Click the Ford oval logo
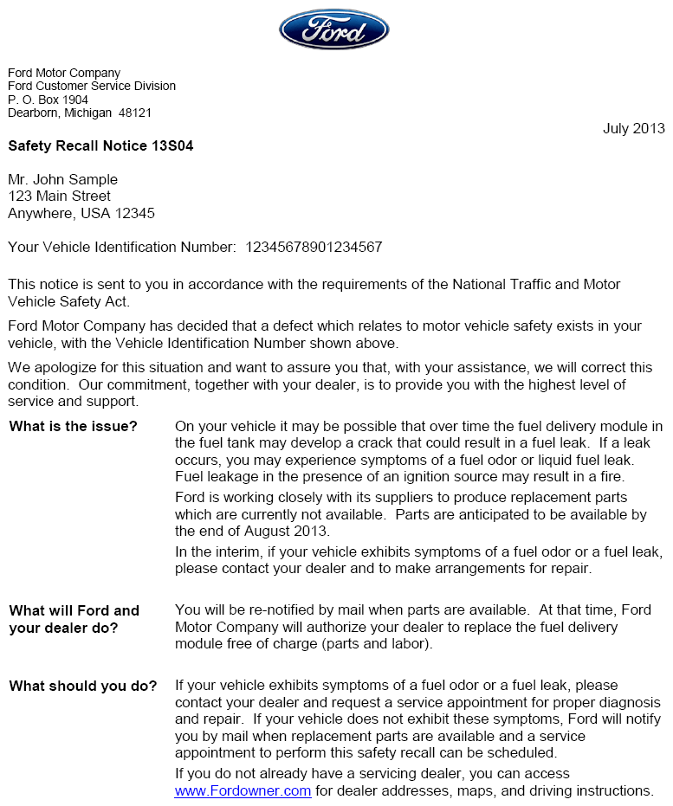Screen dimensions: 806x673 [333, 29]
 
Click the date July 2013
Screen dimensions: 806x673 [633, 128]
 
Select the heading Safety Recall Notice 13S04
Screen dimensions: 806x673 [100, 146]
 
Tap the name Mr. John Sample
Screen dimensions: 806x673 [62, 179]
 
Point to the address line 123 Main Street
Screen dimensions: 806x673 [59, 197]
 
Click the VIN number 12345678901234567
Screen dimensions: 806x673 [314, 248]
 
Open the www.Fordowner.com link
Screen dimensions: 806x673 [243, 790]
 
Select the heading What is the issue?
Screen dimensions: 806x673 [73, 427]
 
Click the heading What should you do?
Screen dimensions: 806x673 [83, 686]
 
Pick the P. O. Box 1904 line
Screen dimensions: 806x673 [48, 100]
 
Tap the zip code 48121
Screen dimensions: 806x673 [135, 113]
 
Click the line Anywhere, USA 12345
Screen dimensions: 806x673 [81, 213]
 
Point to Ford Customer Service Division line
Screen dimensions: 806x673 [92, 87]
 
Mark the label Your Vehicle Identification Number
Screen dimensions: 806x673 [121, 248]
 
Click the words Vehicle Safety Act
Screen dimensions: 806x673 [68, 301]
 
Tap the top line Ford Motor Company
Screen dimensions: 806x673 [64, 74]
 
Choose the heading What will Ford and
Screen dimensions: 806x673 [74, 610]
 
